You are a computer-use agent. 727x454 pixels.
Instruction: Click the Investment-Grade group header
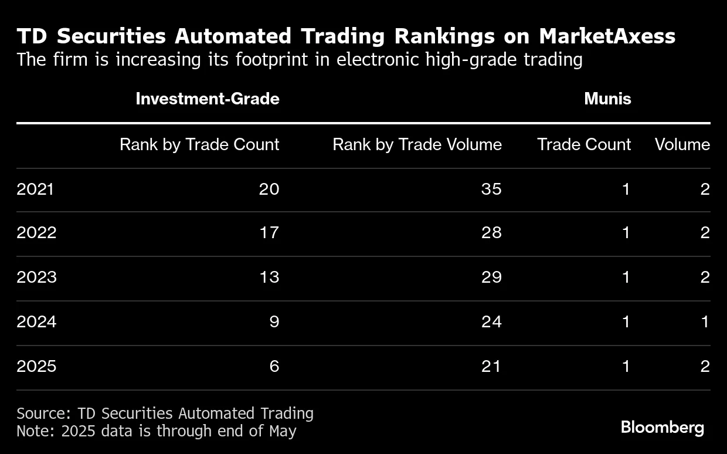pyautogui.click(x=207, y=99)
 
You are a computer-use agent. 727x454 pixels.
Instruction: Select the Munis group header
pyautogui.click(x=607, y=99)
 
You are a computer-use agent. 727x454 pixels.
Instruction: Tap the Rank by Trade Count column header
pyautogui.click(x=199, y=145)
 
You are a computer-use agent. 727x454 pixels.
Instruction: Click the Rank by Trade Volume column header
pyautogui.click(x=417, y=145)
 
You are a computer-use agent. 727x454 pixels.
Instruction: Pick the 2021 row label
pyautogui.click(x=35, y=189)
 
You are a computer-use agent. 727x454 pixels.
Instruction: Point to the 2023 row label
pyautogui.click(x=36, y=277)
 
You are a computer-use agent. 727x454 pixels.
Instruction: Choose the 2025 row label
pyautogui.click(x=36, y=366)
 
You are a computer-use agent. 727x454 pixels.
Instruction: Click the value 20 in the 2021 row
pyautogui.click(x=269, y=189)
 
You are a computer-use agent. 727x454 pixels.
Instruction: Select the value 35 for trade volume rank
pyautogui.click(x=491, y=189)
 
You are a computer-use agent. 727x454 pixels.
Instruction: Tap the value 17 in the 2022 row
pyautogui.click(x=269, y=232)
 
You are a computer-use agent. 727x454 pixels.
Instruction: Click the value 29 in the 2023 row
pyautogui.click(x=491, y=277)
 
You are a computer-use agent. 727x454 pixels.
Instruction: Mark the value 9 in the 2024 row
pyautogui.click(x=274, y=321)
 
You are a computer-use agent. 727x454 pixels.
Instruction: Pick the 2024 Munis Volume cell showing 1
pyautogui.click(x=705, y=321)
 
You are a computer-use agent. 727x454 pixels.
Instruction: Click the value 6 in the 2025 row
pyautogui.click(x=274, y=366)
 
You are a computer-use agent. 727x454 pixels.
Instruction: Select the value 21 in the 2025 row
pyautogui.click(x=491, y=366)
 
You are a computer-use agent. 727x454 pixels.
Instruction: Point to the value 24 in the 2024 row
pyautogui.click(x=491, y=321)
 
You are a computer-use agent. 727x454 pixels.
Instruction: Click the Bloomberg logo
pyautogui.click(x=662, y=427)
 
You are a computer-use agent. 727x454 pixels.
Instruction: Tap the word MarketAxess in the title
pyautogui.click(x=607, y=36)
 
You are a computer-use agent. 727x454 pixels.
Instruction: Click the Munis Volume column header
pyautogui.click(x=682, y=145)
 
